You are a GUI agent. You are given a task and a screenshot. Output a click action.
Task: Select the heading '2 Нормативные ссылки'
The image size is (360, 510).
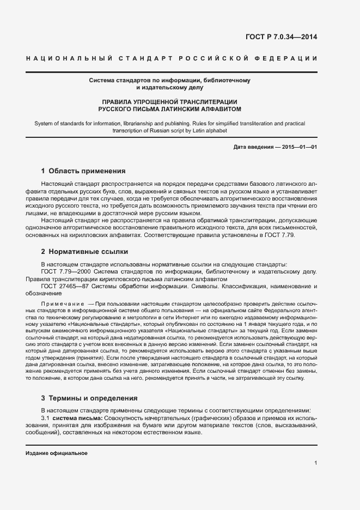click(x=84, y=252)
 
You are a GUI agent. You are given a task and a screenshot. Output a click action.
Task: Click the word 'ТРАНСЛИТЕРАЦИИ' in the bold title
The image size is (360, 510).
click(x=203, y=101)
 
